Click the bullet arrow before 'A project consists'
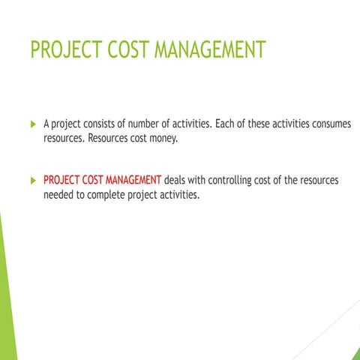32,123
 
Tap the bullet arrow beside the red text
32,181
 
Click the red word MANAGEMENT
133,181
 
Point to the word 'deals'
178,181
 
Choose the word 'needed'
58,196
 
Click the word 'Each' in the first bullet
226,123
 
